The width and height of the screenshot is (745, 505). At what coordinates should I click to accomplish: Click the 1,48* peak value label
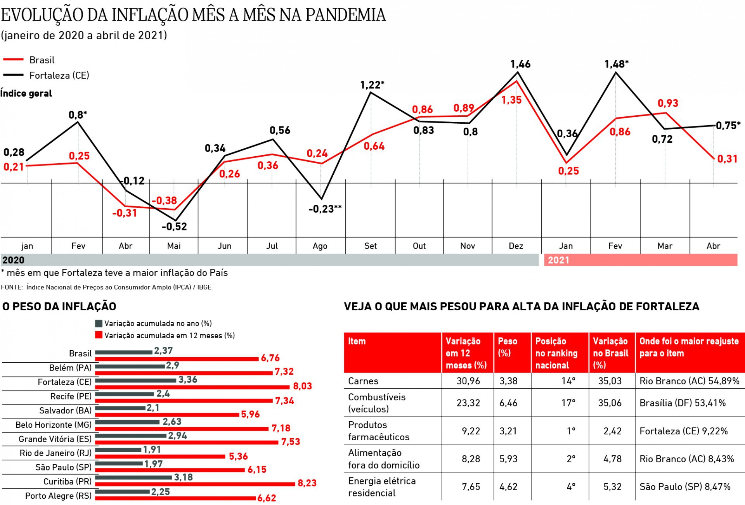(x=616, y=64)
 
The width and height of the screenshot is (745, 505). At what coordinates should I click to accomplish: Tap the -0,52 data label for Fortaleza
(x=174, y=227)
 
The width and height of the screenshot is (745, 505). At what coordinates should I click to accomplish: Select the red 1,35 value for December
(x=511, y=100)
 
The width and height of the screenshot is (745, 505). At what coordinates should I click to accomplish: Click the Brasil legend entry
(x=42, y=60)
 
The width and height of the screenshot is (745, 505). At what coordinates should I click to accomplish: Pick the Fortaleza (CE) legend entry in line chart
(x=59, y=75)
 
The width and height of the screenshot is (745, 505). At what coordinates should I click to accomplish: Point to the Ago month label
(x=320, y=246)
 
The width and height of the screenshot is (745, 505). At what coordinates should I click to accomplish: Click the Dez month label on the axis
(x=516, y=246)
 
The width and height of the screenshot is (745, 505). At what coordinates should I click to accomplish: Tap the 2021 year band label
(x=558, y=260)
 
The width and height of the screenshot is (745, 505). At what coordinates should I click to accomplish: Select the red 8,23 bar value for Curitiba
(x=307, y=483)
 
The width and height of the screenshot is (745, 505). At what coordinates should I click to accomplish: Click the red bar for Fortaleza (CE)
(x=192, y=387)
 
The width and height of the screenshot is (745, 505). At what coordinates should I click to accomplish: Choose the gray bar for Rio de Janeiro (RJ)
(x=118, y=450)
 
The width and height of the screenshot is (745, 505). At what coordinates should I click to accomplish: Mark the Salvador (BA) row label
(x=66, y=410)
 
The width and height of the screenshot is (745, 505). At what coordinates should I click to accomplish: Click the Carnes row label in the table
(x=363, y=381)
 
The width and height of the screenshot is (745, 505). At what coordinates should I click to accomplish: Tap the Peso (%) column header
(x=507, y=347)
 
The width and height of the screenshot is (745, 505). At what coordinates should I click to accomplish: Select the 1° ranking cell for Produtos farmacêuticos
(x=571, y=431)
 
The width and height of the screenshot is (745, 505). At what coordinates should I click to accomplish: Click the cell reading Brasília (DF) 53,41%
(x=682, y=403)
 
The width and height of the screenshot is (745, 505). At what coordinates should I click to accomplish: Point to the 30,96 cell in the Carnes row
(x=468, y=381)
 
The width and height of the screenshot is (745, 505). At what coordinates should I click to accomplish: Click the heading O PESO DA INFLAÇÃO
(x=59, y=306)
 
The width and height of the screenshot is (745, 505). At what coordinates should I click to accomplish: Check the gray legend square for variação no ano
(x=99, y=323)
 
